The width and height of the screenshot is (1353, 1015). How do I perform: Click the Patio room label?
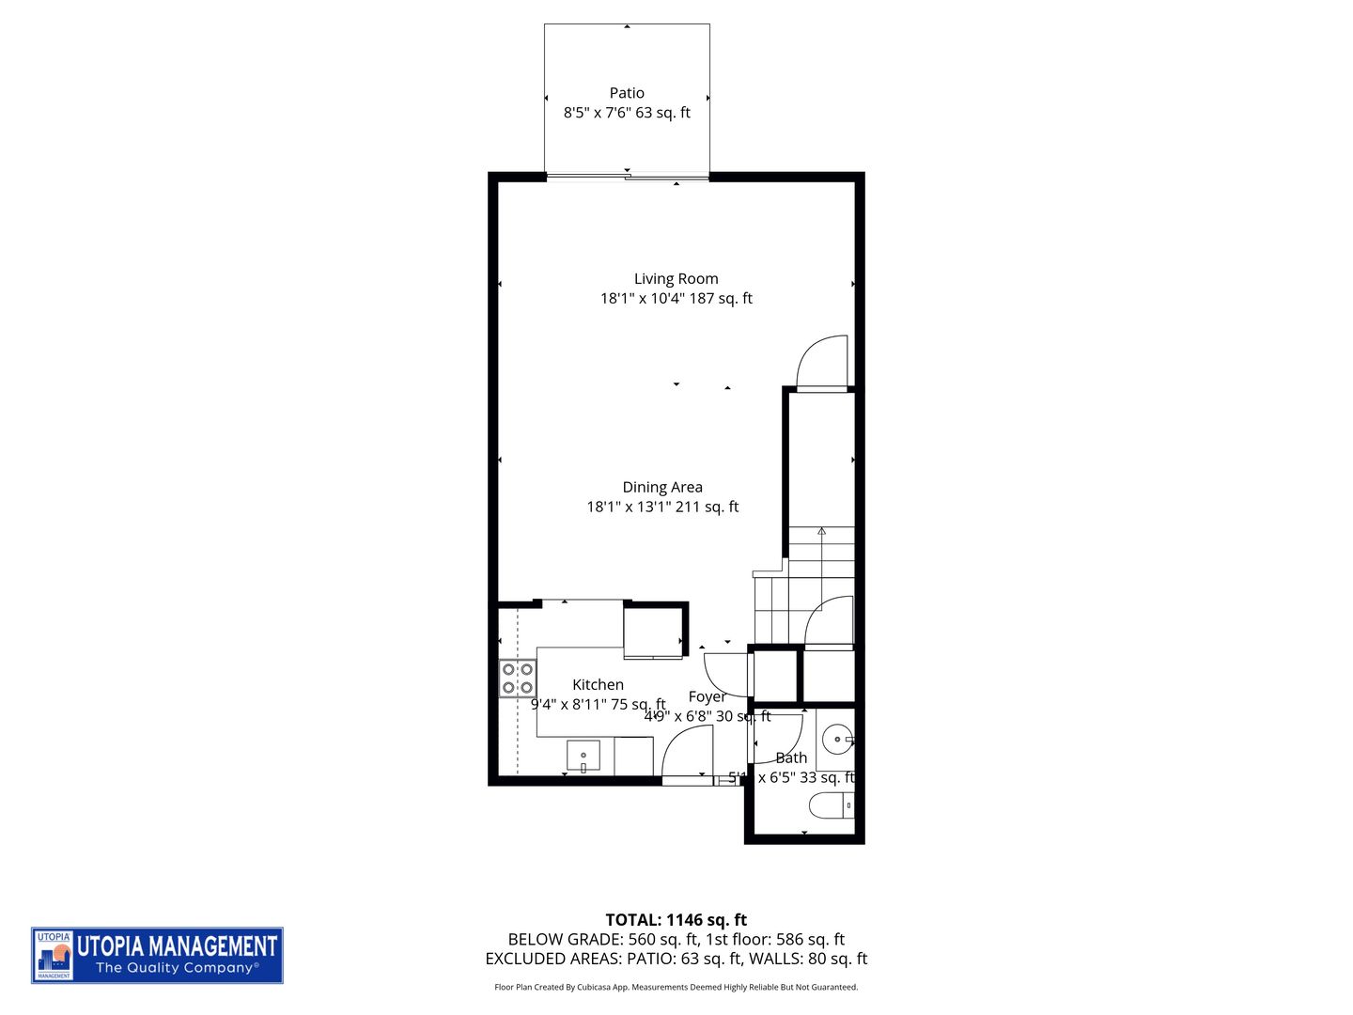tap(627, 93)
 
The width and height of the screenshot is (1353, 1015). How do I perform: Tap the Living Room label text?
tap(676, 279)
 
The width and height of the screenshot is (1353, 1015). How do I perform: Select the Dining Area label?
tap(662, 487)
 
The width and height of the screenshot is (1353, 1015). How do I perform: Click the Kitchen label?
tap(598, 685)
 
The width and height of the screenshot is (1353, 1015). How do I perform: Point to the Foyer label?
tap(707, 696)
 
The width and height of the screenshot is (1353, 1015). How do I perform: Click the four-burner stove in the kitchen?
tap(518, 679)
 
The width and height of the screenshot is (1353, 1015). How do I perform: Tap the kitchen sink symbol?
tap(583, 757)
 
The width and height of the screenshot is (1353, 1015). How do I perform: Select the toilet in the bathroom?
tap(832, 805)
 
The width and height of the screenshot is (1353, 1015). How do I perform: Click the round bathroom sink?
tap(836, 740)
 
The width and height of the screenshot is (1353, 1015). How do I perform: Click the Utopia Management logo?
tap(157, 955)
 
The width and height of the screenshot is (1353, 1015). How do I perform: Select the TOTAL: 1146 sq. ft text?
tap(676, 920)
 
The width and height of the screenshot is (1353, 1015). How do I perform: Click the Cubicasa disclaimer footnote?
tap(676, 987)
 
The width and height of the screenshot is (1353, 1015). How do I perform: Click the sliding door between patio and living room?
tap(627, 176)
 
